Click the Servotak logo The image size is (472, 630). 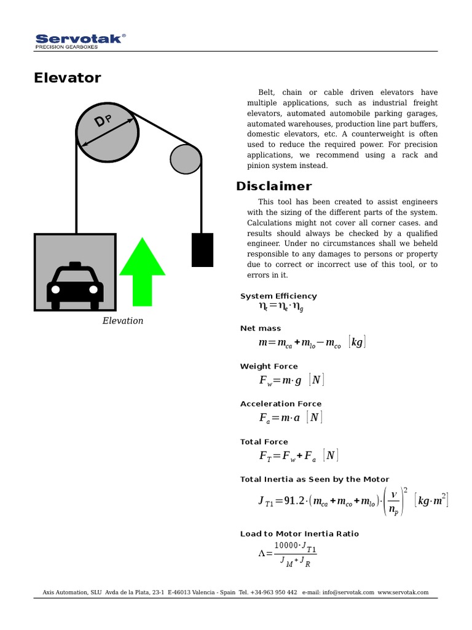(x=80, y=40)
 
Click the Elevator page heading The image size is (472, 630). (x=67, y=78)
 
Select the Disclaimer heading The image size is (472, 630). (x=273, y=186)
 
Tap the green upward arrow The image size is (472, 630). (x=142, y=271)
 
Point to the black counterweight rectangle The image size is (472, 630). (x=202, y=250)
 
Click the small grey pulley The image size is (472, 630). (x=186, y=159)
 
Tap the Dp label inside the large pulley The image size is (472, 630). (x=103, y=121)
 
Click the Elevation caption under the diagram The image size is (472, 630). (x=122, y=321)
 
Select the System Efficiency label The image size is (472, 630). (x=278, y=296)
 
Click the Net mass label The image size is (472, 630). (x=261, y=329)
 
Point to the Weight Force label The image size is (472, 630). (x=269, y=366)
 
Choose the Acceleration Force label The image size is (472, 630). (x=280, y=404)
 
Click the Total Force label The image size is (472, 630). (x=264, y=442)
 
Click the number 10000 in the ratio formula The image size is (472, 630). (x=286, y=545)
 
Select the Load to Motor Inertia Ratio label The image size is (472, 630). (x=299, y=533)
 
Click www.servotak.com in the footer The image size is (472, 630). (x=403, y=592)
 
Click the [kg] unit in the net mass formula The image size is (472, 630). (x=356, y=342)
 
